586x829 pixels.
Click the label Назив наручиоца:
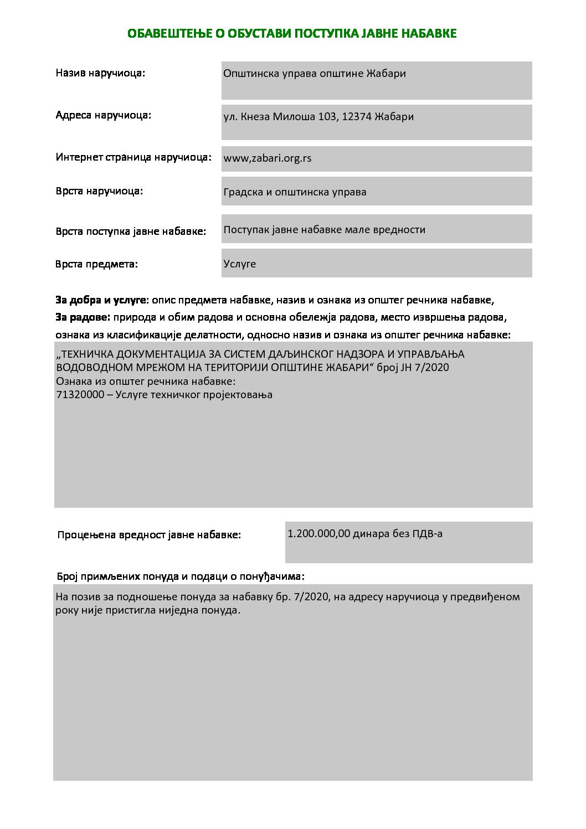point(100,73)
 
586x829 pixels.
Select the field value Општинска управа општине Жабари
point(314,74)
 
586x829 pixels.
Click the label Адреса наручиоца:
point(103,116)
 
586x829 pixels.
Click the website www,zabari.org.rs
point(267,158)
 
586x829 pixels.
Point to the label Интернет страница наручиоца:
point(133,157)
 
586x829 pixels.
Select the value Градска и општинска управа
point(295,192)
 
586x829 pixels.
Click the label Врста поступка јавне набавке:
point(131,231)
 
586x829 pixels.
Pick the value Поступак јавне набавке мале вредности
point(324,230)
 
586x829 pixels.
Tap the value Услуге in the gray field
point(239,264)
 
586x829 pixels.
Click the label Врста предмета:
point(96,264)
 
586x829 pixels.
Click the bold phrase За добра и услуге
point(100,300)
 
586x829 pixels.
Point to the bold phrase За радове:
point(83,317)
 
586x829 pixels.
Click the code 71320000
point(80,395)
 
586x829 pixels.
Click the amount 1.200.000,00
point(318,534)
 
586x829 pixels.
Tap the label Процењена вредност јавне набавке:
point(149,535)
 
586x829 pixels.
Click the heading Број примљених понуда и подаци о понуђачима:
point(181,576)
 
